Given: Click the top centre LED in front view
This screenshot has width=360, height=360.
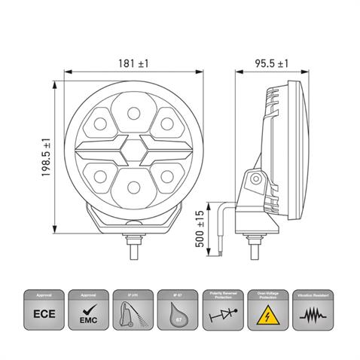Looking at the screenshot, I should pyautogui.click(x=133, y=114).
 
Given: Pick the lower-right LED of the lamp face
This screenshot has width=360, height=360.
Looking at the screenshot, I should pyautogui.click(x=165, y=174).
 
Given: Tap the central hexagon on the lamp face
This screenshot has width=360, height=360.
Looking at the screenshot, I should pyautogui.click(x=133, y=148).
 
